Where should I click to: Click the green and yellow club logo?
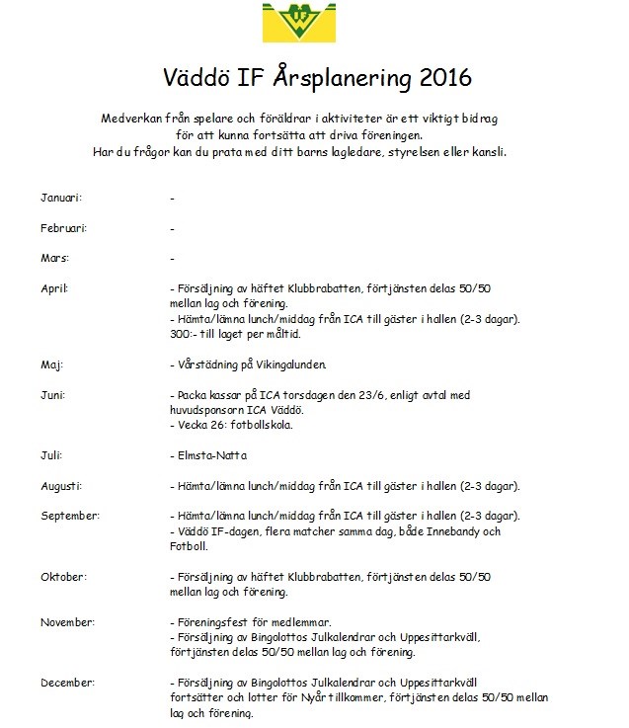pos(314,22)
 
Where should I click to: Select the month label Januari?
pos(61,198)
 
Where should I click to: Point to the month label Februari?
pos(64,228)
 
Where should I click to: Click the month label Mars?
pos(54,259)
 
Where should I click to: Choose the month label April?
pos(54,288)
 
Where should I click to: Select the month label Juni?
pos(53,395)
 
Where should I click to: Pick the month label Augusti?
pos(61,486)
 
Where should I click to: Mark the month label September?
pos(69,517)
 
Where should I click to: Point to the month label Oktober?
pos(64,577)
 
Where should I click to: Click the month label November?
pos(67,622)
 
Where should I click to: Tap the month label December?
pos(67,684)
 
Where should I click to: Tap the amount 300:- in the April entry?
pos(185,335)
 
